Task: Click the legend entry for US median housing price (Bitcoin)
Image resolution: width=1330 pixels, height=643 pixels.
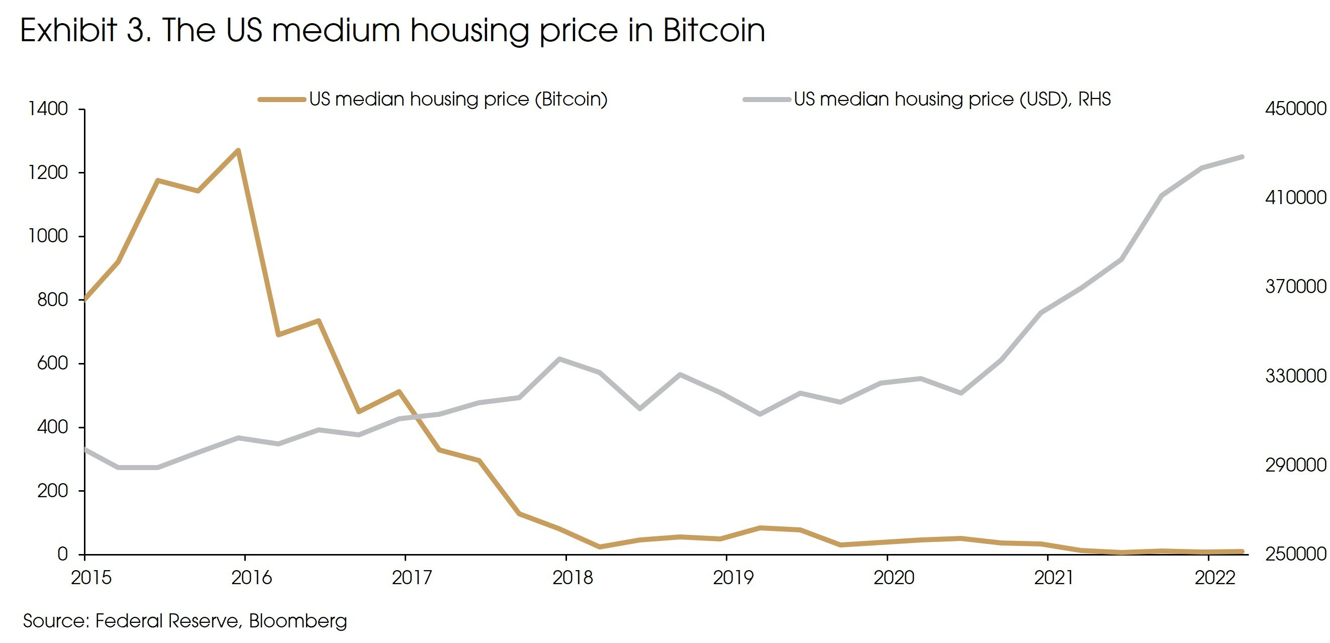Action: coord(457,99)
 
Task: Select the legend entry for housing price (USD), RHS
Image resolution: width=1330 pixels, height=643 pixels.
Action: coord(952,99)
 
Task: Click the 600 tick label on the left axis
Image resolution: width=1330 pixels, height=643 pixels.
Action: coord(52,363)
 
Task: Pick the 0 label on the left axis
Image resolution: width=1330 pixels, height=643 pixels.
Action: coord(62,554)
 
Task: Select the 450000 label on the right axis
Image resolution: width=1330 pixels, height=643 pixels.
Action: coord(1295,109)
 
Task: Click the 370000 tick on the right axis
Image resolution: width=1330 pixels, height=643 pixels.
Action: coord(1295,287)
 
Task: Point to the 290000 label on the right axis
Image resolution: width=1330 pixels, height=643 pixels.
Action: coord(1295,465)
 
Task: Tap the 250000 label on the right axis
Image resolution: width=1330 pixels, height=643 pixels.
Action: coord(1295,554)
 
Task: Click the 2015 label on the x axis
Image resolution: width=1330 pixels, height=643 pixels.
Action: coord(91,578)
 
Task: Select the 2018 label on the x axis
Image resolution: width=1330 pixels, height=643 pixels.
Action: coord(573,578)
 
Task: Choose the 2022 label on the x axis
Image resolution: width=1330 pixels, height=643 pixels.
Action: coord(1215,578)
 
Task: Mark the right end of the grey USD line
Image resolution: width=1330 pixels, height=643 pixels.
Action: coord(1242,157)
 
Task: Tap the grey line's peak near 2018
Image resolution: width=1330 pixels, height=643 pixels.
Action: coord(559,359)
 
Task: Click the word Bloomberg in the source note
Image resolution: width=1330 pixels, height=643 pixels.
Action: coord(298,621)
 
